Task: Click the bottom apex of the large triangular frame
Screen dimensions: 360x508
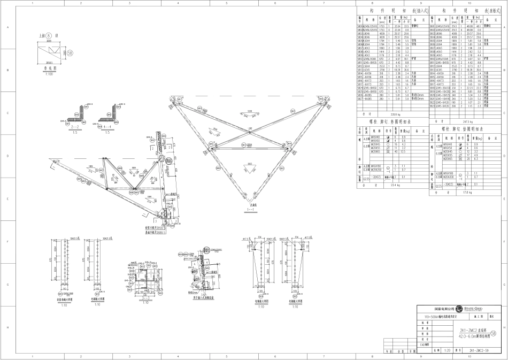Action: pos(253,203)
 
